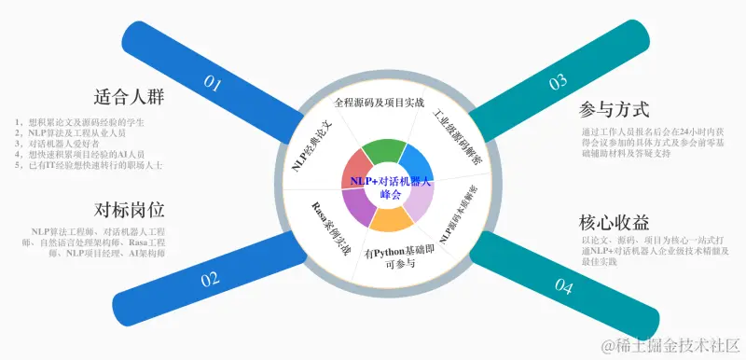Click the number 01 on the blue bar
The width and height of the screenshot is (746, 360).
pyautogui.click(x=213, y=83)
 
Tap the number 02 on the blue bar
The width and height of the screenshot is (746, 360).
pyautogui.click(x=210, y=278)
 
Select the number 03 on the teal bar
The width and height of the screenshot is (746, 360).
pyautogui.click(x=558, y=82)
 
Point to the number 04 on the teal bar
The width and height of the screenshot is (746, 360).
pyautogui.click(x=564, y=286)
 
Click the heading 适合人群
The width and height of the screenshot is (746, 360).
pyautogui.click(x=130, y=98)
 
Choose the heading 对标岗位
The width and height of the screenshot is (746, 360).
pyautogui.click(x=130, y=208)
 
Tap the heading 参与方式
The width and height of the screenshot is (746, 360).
pyautogui.click(x=614, y=109)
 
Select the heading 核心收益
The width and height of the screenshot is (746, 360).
pyautogui.click(x=614, y=224)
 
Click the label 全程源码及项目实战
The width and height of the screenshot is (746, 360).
pyautogui.click(x=379, y=101)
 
